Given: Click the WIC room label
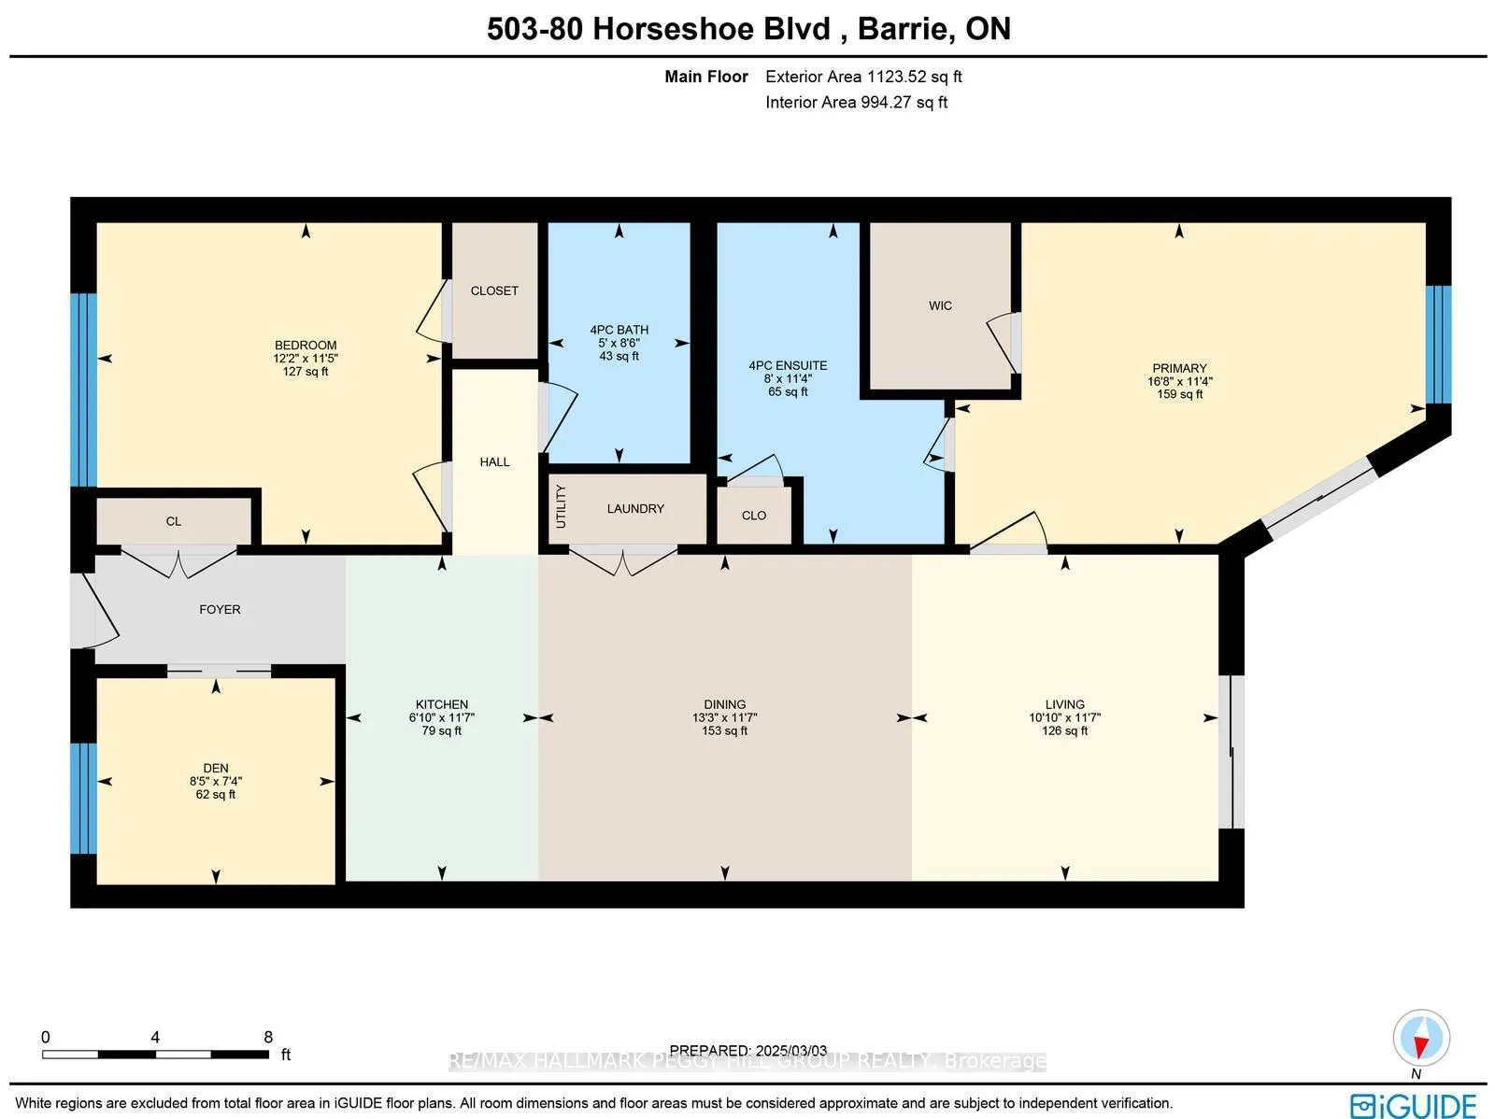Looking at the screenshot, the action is click(940, 305).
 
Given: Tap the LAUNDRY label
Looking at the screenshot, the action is click(635, 508).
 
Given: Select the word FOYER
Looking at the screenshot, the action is click(220, 609).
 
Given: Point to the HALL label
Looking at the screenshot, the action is click(494, 462).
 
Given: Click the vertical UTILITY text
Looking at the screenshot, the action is click(561, 506).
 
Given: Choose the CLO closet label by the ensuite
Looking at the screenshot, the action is click(754, 516).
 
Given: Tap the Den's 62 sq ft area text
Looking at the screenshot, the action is click(215, 794).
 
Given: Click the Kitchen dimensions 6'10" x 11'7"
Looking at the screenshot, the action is click(441, 717).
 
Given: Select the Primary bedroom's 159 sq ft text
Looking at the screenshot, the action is click(1180, 394).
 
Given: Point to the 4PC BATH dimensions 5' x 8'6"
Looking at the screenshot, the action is click(619, 343).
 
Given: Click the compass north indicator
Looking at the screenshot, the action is click(1421, 1038).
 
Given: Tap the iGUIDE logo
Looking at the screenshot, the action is click(1414, 1104).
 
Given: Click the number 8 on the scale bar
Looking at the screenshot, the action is click(268, 1037).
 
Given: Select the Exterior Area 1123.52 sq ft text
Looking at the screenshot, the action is click(863, 77).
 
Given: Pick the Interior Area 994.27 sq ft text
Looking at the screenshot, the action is click(856, 102).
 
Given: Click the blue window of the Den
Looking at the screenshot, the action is click(84, 797).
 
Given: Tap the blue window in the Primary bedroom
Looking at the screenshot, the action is click(1438, 345).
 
